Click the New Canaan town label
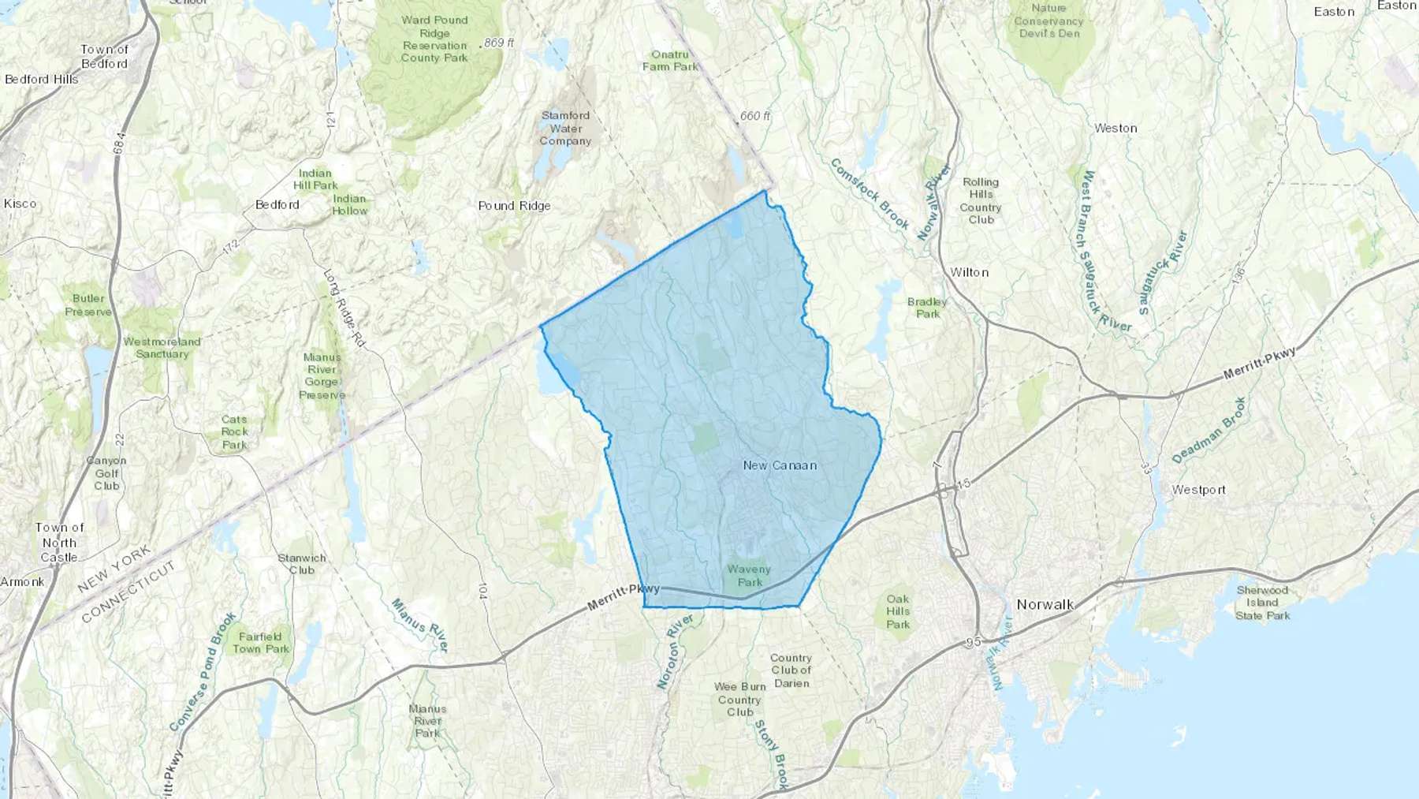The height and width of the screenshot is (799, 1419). point(780,465)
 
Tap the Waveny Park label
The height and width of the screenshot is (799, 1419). point(749,576)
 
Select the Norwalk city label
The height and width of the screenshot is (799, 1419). point(1045,605)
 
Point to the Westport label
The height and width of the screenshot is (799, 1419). point(1198,490)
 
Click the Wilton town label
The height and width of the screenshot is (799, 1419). point(969,272)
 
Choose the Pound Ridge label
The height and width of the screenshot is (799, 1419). point(514,206)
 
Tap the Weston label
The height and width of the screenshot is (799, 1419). point(1115,128)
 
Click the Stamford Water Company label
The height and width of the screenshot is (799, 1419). point(565,128)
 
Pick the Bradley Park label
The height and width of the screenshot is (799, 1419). point(927,308)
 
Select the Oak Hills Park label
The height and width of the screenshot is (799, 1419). point(898,611)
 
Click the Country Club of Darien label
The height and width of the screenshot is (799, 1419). point(791,670)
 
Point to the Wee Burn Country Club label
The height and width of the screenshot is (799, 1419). point(739,700)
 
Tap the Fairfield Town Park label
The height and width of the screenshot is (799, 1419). point(261,643)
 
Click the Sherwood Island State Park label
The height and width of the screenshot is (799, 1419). point(1262,603)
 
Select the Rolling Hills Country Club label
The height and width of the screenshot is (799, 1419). point(981,200)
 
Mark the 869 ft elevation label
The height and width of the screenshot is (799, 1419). point(499,43)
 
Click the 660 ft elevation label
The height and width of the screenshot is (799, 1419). point(754,116)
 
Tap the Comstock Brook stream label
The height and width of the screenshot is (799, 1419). point(870,193)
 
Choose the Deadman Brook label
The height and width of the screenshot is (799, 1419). point(1209,430)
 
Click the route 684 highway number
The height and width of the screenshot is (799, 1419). point(119,144)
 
